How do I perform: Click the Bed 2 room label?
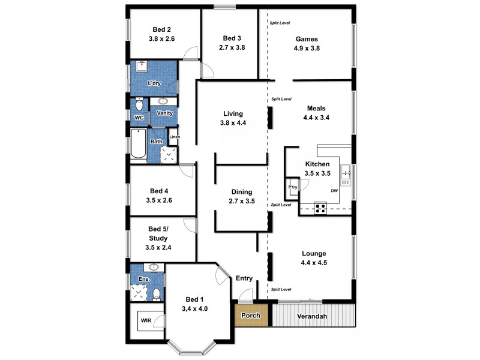(x=161, y=29)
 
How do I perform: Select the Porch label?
(x=251, y=316)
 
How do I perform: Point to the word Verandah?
(x=315, y=316)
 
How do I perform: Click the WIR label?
(x=146, y=321)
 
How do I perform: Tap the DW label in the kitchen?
(x=335, y=191)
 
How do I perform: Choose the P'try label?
(x=293, y=187)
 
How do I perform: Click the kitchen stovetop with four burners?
(x=320, y=209)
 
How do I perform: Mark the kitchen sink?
(x=346, y=173)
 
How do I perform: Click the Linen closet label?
(x=174, y=137)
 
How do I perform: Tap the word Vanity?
(x=164, y=113)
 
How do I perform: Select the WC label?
(x=138, y=117)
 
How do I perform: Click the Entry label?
(x=244, y=278)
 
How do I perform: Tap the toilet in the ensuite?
(x=156, y=293)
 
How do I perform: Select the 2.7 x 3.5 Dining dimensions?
(x=242, y=202)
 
